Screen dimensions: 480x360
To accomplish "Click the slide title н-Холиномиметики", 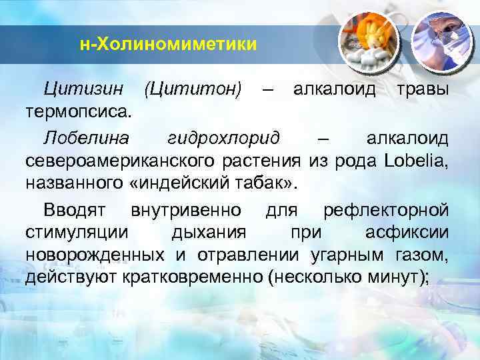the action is tap(168, 45).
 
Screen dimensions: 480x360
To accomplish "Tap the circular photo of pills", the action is tap(369, 43).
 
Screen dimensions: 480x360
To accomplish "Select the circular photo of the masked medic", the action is tap(441, 43).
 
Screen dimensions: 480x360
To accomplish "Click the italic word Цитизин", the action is tap(83, 89).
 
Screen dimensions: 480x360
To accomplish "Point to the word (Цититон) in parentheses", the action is tap(193, 89).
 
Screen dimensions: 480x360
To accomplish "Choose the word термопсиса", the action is tap(79, 113).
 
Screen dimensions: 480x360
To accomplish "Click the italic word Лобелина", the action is tap(86, 138).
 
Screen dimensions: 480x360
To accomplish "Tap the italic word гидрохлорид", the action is tap(223, 139).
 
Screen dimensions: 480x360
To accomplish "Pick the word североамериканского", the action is tap(120, 161).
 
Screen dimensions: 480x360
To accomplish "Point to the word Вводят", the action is tap(75, 210).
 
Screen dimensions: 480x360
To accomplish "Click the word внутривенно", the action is tap(186, 211).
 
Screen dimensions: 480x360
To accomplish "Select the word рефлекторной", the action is tap(386, 211).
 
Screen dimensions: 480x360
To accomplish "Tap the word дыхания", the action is tap(209, 233).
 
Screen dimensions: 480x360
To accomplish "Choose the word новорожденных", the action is tap(95, 255).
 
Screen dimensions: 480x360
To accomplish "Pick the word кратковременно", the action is tap(192, 277).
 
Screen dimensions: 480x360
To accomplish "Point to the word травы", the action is tap(423, 90).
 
